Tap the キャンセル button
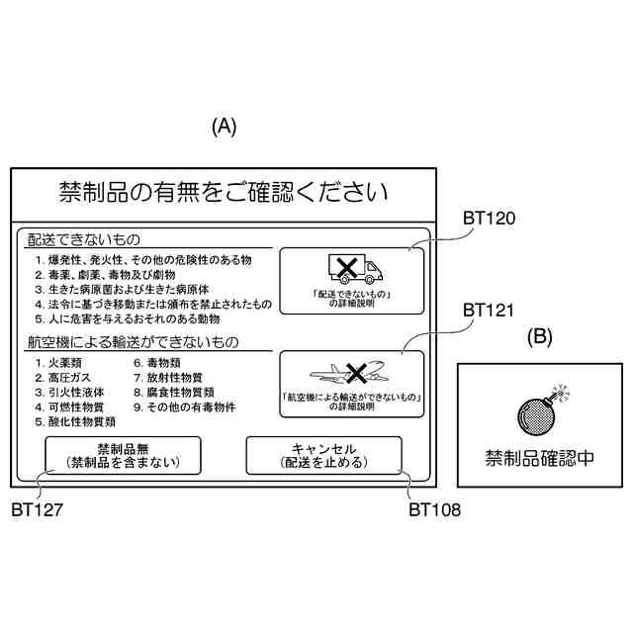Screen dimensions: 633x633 (x=323, y=456)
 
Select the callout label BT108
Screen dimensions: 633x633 (x=434, y=510)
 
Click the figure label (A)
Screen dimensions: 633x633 (x=225, y=127)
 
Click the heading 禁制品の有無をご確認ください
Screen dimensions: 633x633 (x=223, y=191)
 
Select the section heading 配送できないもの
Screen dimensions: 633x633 (x=84, y=239)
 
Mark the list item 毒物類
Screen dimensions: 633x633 (x=160, y=363)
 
